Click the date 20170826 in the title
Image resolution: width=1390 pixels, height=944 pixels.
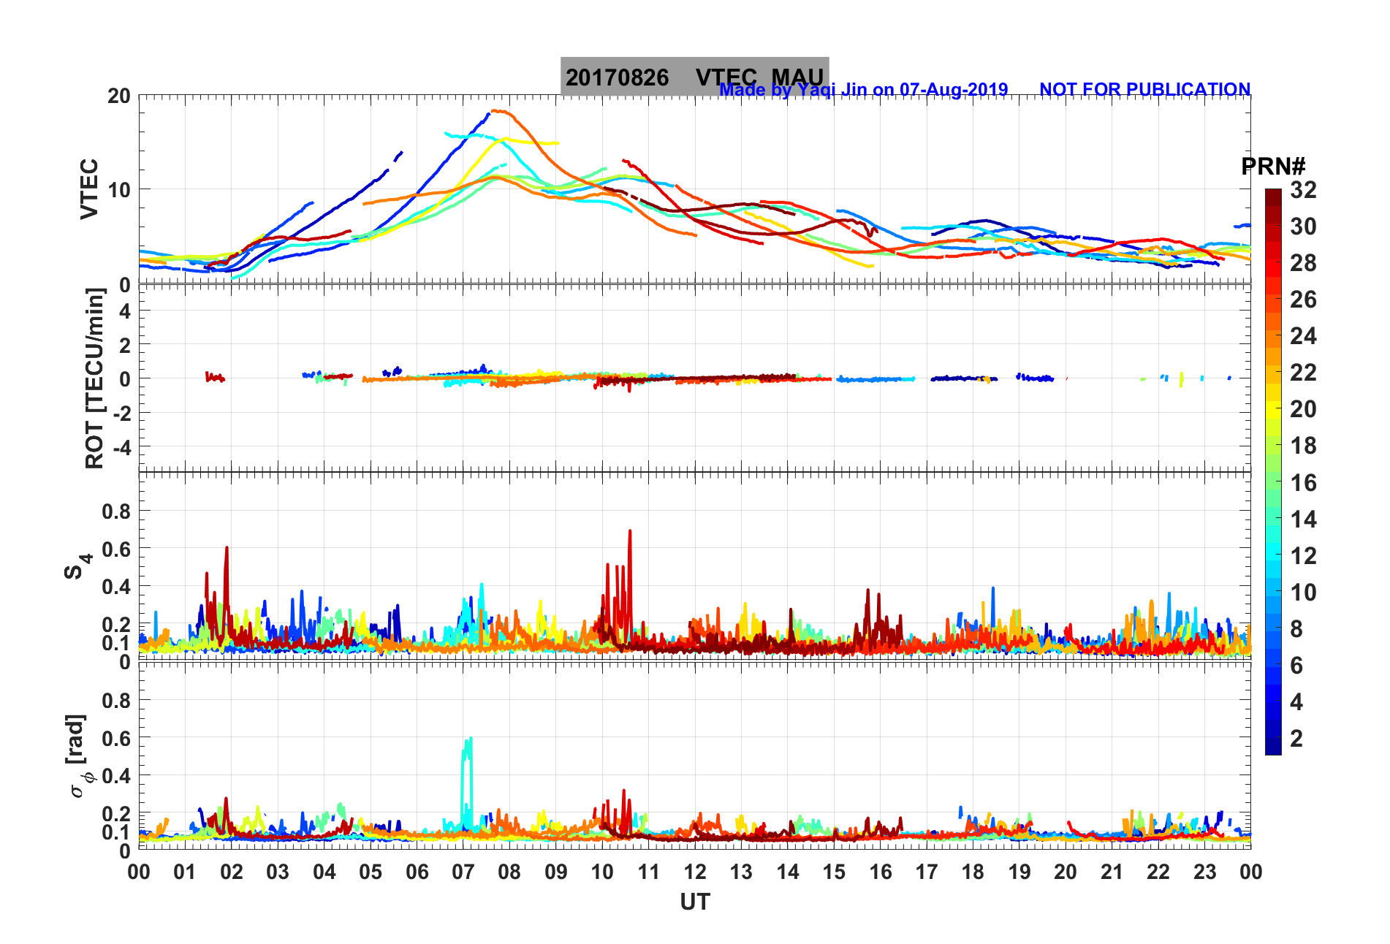(617, 77)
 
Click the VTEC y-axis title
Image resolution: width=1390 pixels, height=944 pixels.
(88, 189)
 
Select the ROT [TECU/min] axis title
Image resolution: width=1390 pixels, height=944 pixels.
(95, 378)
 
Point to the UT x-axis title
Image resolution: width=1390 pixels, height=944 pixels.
(694, 902)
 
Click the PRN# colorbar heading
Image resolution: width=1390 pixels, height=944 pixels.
(1273, 167)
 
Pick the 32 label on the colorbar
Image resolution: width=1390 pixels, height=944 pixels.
(1303, 190)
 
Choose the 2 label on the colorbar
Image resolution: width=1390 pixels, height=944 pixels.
(1296, 738)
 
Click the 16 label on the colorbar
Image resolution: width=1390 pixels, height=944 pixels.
(1303, 482)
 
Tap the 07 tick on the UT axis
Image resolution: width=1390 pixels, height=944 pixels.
(463, 872)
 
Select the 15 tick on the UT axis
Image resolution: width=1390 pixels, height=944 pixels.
(834, 872)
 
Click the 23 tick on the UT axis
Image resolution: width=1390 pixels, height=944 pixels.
(1204, 872)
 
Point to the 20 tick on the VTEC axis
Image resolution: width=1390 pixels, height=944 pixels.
(118, 96)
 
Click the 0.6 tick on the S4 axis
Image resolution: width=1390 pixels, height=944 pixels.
(115, 549)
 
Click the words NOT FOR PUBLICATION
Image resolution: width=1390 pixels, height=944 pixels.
(1144, 89)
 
